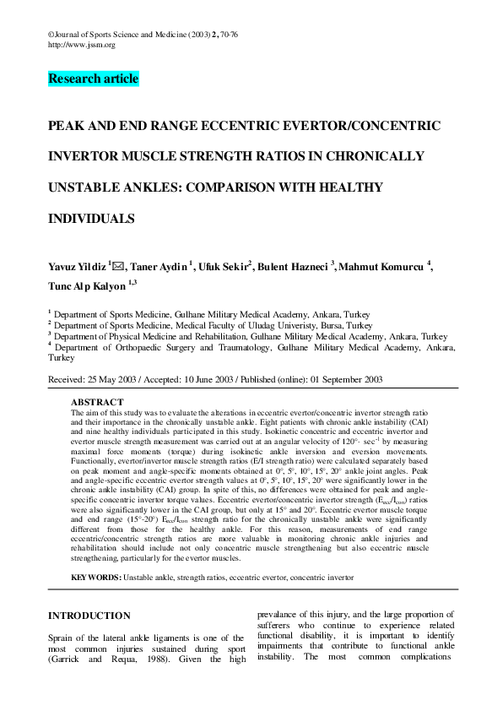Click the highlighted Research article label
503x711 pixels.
coord(93,79)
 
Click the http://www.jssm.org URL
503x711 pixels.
coord(82,45)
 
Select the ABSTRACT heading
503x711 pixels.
coord(97,402)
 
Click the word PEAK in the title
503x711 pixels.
coord(66,126)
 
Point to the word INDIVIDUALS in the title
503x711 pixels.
coord(91,219)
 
